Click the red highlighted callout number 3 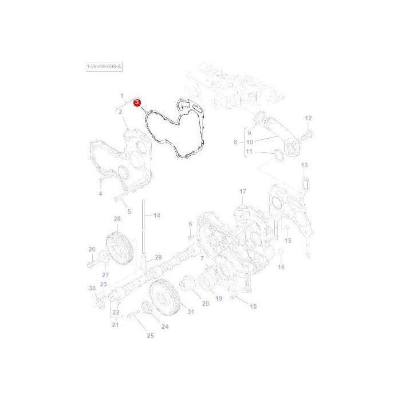click(137, 103)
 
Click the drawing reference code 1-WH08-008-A click(104, 67)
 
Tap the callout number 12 click(308, 118)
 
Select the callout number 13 click(304, 165)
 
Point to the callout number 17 click(242, 191)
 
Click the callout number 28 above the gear click(117, 219)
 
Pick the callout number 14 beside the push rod click(156, 215)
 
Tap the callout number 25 click(150, 336)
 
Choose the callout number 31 click(191, 312)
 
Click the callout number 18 click(253, 306)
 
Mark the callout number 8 click(235, 141)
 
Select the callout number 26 click(91, 249)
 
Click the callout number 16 click(281, 267)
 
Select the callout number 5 click(129, 211)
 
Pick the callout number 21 click(115, 325)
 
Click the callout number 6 click(190, 223)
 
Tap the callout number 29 click(158, 257)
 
